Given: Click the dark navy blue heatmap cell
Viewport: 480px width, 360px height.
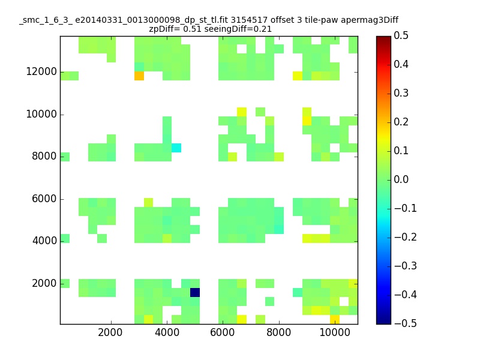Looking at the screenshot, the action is click(x=195, y=292).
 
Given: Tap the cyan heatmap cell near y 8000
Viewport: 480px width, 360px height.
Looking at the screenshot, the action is click(x=176, y=148).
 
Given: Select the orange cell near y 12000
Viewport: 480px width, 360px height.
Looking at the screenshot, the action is click(x=139, y=76).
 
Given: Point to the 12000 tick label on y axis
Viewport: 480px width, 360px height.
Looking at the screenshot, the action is click(x=41, y=71).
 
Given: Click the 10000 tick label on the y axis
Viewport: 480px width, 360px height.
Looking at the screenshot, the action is click(x=41, y=114).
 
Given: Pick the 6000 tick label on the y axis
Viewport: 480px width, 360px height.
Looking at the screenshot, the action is click(x=44, y=199).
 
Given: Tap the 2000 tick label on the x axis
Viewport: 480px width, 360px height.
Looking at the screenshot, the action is click(x=110, y=332).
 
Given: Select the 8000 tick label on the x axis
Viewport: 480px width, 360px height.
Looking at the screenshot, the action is click(x=278, y=332).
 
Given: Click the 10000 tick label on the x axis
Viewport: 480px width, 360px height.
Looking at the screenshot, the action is click(x=335, y=332).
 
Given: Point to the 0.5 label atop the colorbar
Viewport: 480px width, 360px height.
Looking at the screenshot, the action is click(x=401, y=35).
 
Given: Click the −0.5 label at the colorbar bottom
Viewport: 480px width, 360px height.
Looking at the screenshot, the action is click(x=406, y=323).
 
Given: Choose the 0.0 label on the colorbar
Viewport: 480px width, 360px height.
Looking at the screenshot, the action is click(x=401, y=179).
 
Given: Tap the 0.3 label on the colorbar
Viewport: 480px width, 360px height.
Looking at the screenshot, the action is click(x=401, y=93).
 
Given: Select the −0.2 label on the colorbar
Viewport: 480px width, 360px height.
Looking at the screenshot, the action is click(x=406, y=237).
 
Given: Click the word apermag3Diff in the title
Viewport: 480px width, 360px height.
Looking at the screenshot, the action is click(x=370, y=20).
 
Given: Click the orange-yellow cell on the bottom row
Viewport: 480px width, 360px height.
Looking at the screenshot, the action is click(x=335, y=319).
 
